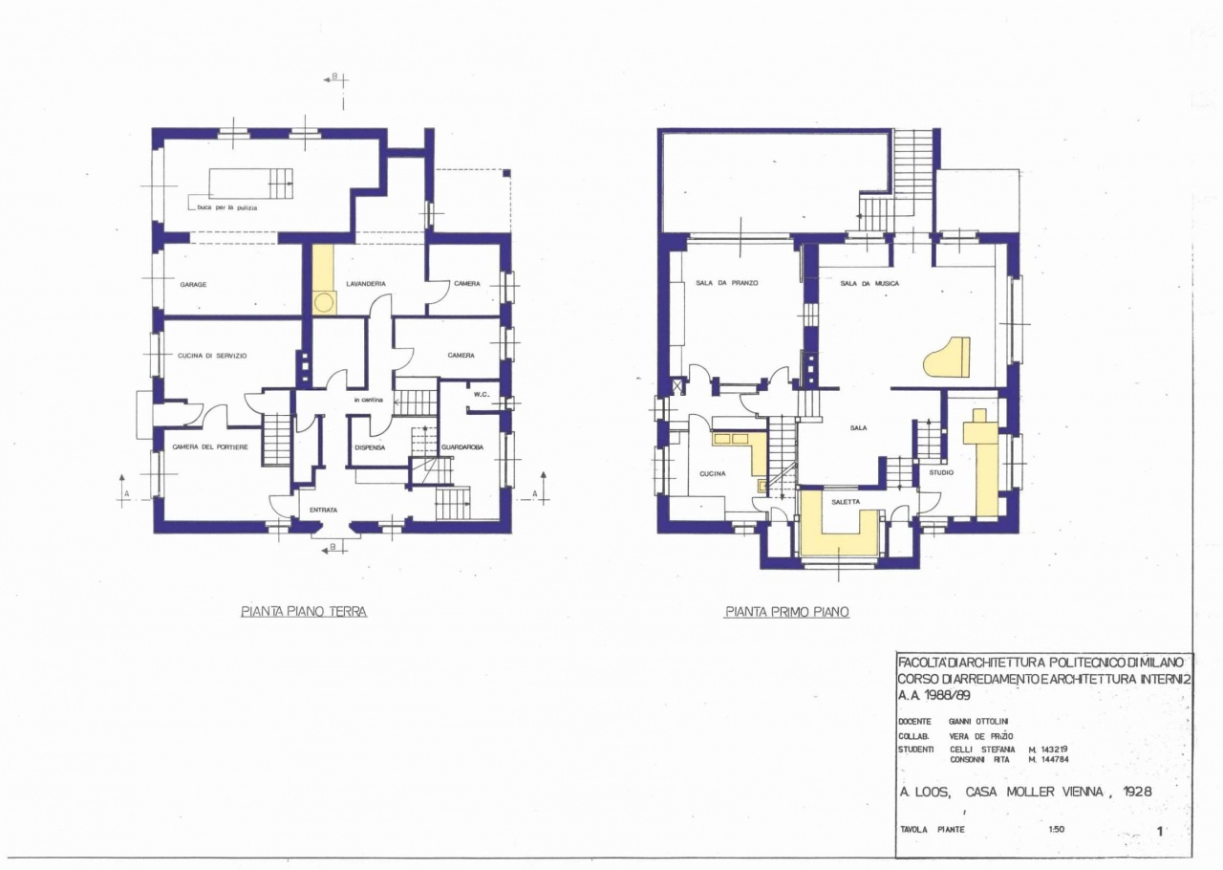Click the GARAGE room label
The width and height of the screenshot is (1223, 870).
click(193, 284)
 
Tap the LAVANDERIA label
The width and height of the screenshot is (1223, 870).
click(366, 284)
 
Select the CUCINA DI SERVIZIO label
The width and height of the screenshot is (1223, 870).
click(212, 356)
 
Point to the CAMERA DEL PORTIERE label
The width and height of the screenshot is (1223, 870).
click(210, 447)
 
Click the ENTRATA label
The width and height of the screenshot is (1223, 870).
click(323, 511)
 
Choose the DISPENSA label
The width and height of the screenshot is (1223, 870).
click(370, 447)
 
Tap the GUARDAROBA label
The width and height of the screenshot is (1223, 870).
click(461, 447)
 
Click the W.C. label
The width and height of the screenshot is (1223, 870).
click(482, 395)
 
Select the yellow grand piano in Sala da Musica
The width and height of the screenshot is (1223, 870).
click(948, 359)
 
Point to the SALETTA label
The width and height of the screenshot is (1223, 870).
click(845, 501)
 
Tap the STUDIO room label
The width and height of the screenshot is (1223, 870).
click(941, 472)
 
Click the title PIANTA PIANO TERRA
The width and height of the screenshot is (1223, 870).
click(304, 612)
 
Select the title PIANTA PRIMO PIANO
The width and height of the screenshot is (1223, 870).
click(786, 612)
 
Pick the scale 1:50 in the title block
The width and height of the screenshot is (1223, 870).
click(1056, 830)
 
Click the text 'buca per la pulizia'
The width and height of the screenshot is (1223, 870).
click(227, 207)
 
